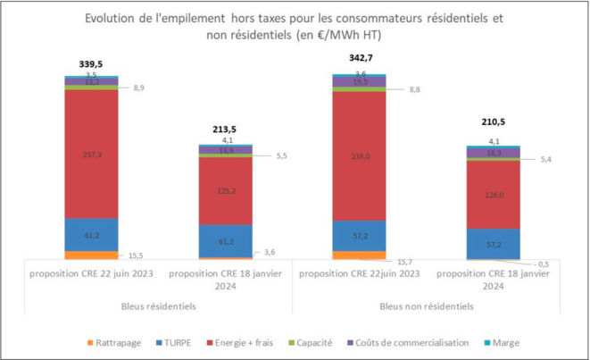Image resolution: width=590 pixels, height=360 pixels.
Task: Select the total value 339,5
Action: click(x=91, y=63)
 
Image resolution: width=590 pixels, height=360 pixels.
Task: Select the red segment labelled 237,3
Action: click(x=91, y=154)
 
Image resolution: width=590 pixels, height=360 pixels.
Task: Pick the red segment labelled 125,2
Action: click(x=225, y=189)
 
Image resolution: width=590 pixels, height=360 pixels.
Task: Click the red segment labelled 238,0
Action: click(x=359, y=154)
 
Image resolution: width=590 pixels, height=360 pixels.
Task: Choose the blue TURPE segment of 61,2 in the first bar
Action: click(x=91, y=234)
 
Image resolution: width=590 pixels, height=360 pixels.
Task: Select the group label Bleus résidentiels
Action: click(x=158, y=306)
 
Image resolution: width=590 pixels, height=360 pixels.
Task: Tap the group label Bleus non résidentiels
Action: click(x=427, y=306)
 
